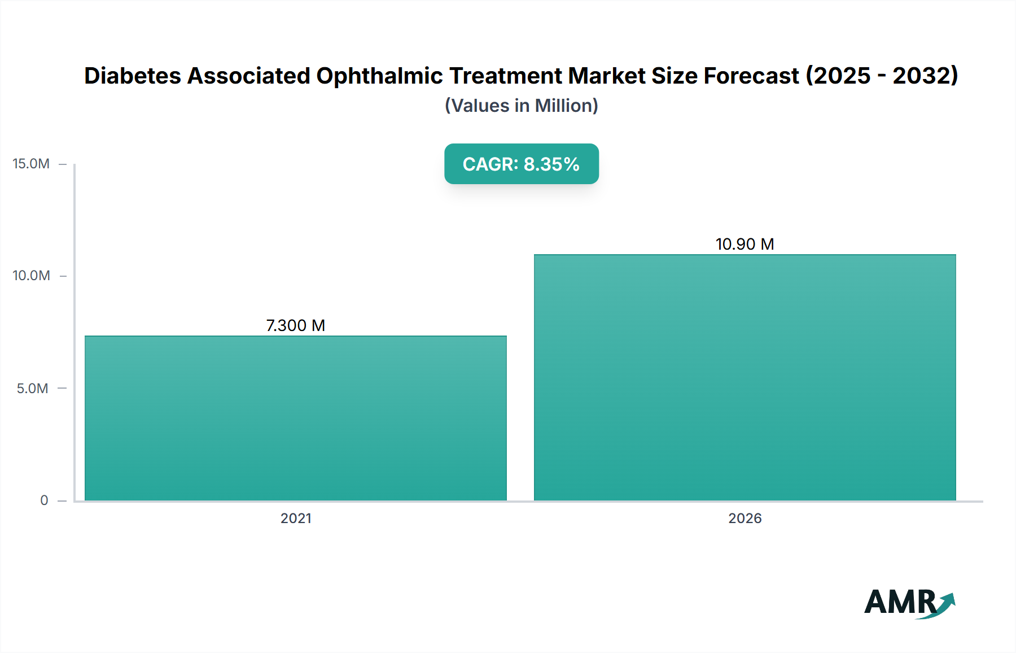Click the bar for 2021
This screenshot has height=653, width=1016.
click(x=296, y=418)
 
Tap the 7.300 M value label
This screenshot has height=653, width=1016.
click(x=296, y=325)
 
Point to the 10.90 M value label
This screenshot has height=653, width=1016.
click(x=745, y=244)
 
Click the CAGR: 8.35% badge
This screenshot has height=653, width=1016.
click(x=521, y=164)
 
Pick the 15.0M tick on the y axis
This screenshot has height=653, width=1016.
click(x=31, y=164)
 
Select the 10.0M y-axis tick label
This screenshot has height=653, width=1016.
click(x=31, y=276)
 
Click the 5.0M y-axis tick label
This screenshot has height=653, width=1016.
click(x=32, y=388)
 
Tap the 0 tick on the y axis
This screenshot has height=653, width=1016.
click(x=44, y=500)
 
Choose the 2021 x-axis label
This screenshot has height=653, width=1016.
click(x=296, y=518)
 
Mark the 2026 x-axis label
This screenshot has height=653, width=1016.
click(x=745, y=518)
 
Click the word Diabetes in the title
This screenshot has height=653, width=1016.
click(x=133, y=76)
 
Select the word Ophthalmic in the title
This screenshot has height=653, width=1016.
click(x=380, y=76)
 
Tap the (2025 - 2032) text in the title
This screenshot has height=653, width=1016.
click(x=882, y=76)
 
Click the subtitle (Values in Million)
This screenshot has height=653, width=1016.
click(x=521, y=106)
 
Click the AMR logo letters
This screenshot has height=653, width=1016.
click(x=900, y=602)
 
